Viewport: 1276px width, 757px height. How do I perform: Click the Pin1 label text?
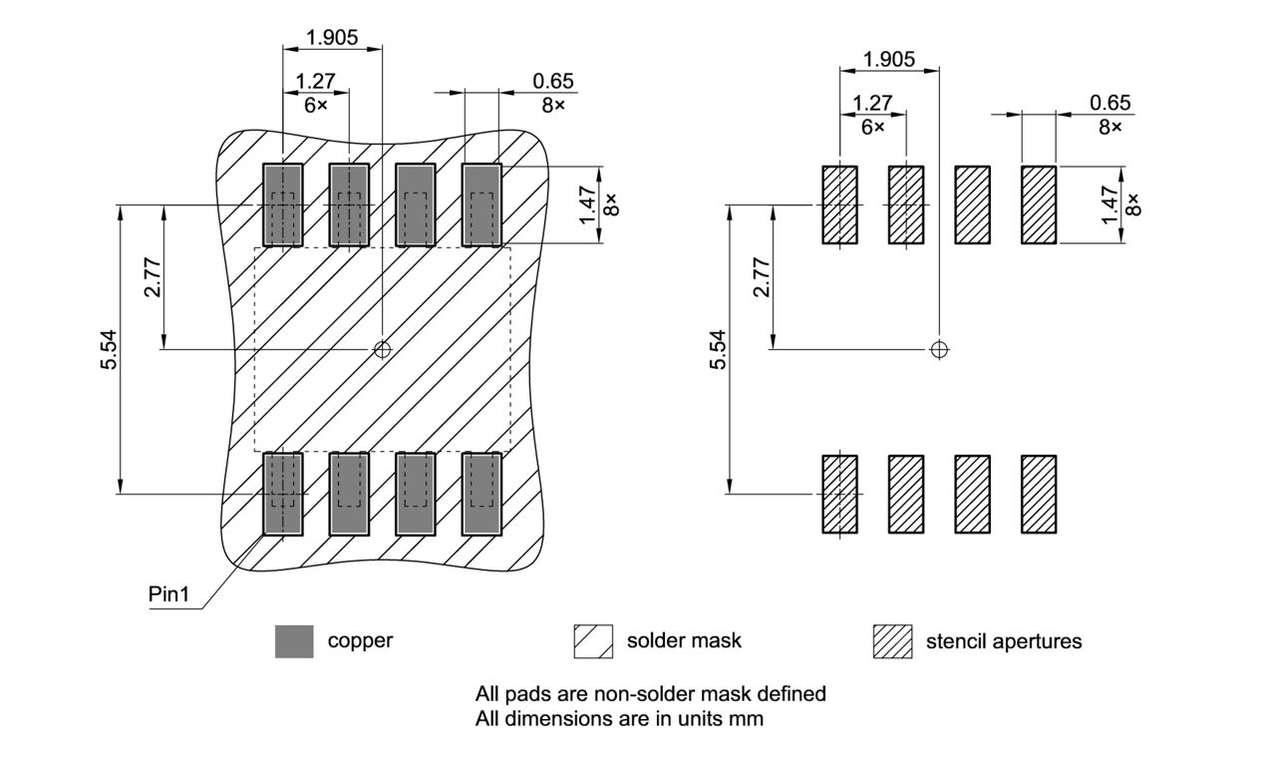pos(168,594)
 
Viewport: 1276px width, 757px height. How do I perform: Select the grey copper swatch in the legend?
pos(294,641)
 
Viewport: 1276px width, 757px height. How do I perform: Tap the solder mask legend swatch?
pos(593,641)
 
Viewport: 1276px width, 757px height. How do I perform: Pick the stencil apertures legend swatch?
pos(892,641)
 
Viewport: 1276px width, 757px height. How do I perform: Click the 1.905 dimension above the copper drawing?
pos(333,37)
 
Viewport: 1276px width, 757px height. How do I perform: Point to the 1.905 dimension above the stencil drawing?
pos(889,59)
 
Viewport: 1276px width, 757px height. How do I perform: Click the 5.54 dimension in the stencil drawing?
pos(718,349)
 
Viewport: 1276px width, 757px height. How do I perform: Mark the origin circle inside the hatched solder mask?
pos(382,349)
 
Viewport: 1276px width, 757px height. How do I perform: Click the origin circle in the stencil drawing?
pos(938,349)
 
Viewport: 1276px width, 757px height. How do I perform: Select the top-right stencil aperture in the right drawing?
pos(1039,205)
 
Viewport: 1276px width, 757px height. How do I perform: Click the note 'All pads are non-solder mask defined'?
pos(650,693)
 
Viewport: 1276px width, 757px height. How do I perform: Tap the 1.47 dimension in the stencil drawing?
pos(1113,204)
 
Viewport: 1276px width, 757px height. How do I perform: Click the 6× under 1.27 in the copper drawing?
pos(315,105)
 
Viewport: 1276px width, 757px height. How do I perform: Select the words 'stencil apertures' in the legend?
pos(1003,641)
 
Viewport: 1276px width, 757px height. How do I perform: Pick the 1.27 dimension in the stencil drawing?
pos(872,103)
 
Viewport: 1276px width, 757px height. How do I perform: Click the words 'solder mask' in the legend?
pos(684,640)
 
